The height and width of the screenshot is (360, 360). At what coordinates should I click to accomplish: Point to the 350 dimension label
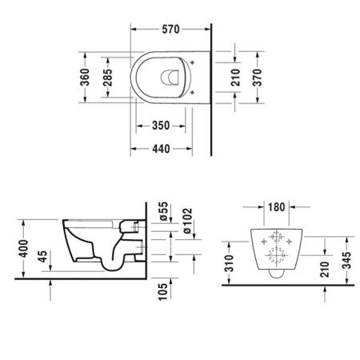click(x=161, y=125)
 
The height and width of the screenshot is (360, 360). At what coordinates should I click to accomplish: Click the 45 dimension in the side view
click(x=42, y=261)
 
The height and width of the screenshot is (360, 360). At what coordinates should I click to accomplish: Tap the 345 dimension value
click(x=347, y=258)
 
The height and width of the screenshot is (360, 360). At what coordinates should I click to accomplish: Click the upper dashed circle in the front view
click(x=275, y=238)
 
